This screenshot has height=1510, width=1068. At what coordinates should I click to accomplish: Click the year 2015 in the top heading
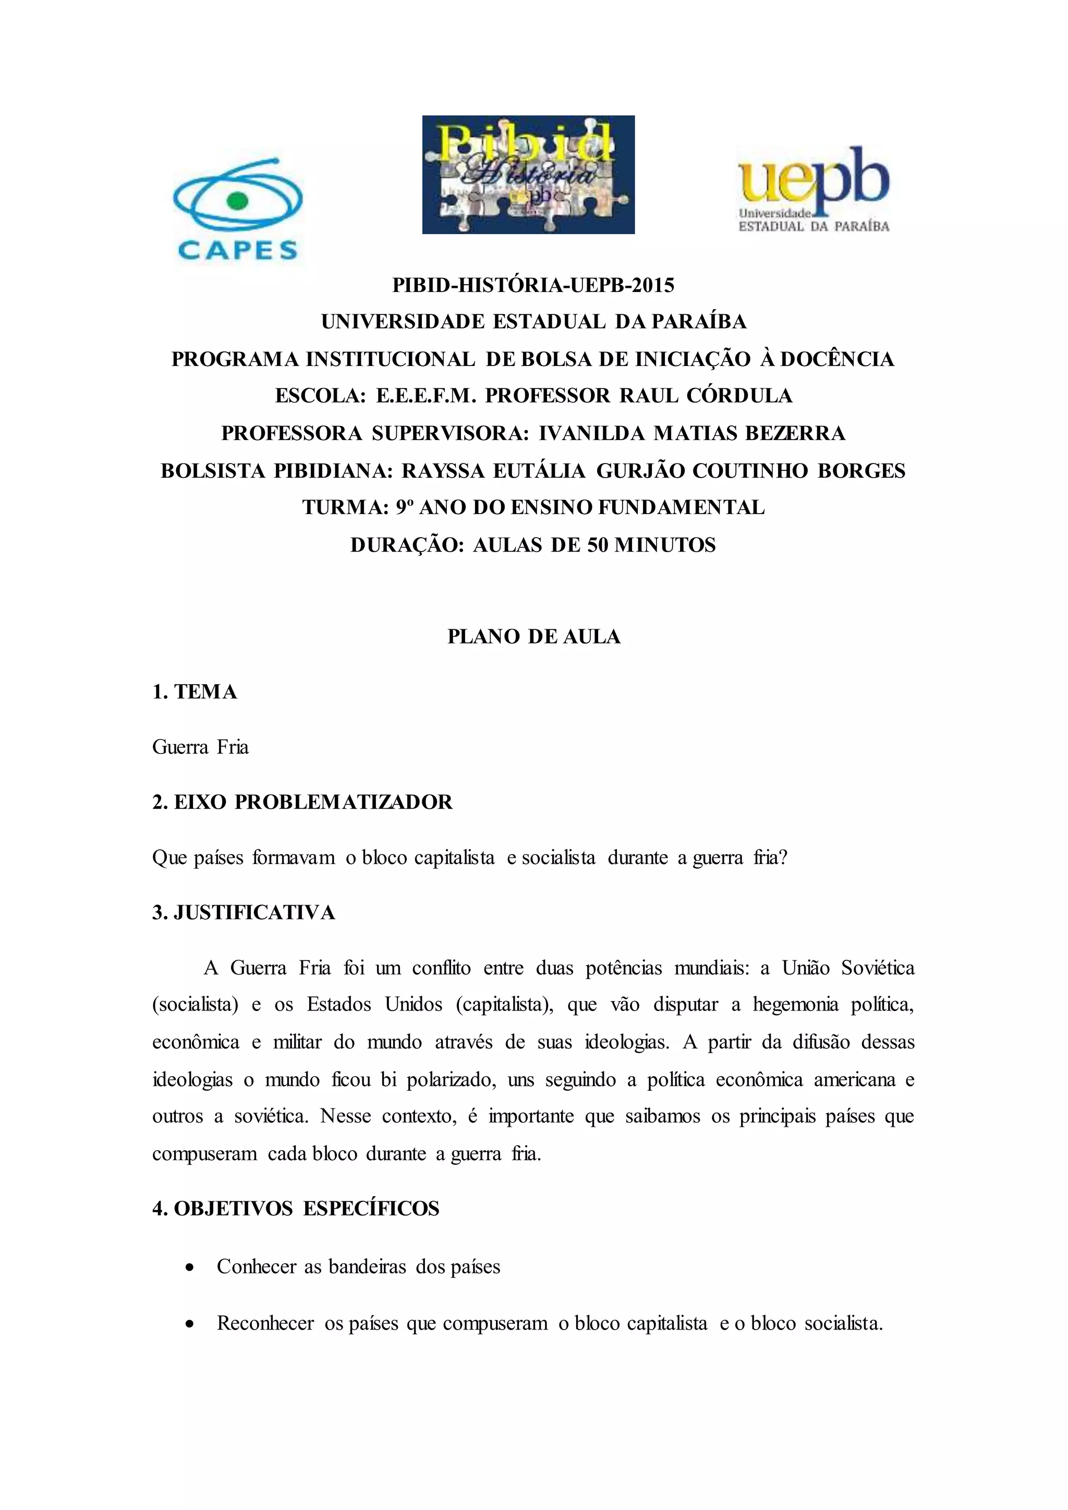654,285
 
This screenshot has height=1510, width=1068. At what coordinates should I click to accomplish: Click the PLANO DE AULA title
533,636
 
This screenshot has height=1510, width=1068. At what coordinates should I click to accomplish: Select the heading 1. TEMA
195,691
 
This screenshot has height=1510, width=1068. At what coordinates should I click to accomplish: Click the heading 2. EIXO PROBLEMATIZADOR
302,802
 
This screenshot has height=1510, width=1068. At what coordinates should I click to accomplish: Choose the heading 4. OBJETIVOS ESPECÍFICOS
295,1208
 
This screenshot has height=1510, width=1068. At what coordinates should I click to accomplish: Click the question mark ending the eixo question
783,858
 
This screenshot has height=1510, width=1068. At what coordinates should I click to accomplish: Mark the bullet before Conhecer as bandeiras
190,1268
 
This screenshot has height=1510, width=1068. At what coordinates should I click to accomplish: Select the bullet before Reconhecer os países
190,1324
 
